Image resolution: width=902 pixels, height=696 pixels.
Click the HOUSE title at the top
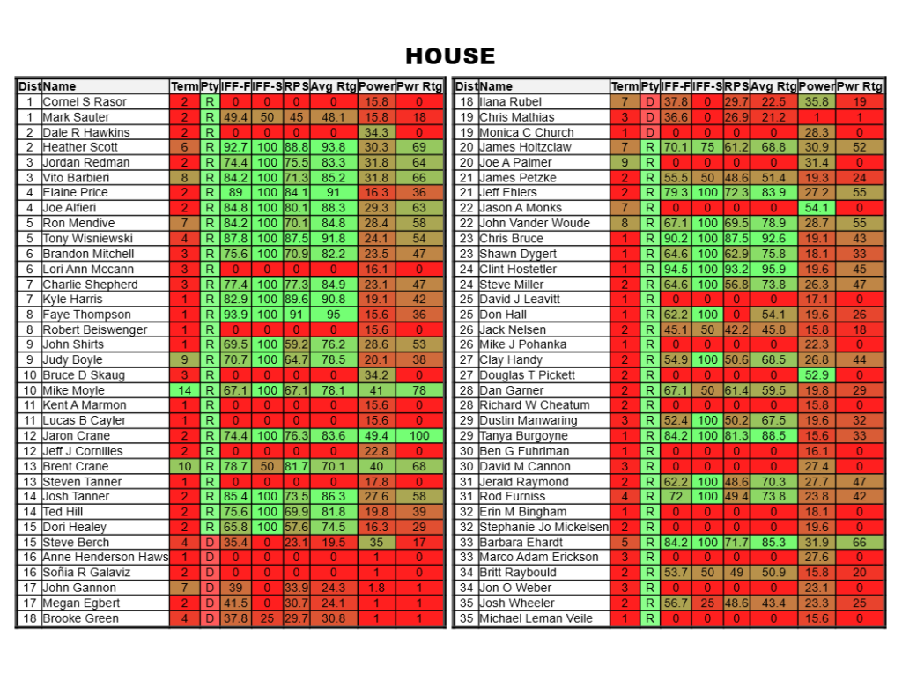(x=450, y=56)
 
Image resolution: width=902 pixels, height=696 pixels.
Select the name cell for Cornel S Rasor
(x=85, y=101)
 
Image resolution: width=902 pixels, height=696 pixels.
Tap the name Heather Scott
(x=80, y=147)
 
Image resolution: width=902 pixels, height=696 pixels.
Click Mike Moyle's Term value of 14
(x=185, y=390)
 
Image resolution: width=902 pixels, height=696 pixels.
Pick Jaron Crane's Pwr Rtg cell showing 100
(x=419, y=436)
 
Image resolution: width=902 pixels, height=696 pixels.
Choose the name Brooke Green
(x=80, y=618)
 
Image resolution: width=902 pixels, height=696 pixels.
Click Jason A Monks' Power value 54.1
(x=817, y=208)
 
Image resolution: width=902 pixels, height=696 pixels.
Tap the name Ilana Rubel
(x=511, y=101)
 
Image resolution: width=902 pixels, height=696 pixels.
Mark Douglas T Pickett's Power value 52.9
(x=817, y=375)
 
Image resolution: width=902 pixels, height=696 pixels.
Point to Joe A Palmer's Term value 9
(x=625, y=162)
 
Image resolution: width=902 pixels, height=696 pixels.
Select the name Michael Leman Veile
(x=536, y=618)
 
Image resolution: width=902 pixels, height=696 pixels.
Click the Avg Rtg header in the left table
(x=333, y=86)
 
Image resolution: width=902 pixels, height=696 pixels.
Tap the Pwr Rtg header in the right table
(x=859, y=86)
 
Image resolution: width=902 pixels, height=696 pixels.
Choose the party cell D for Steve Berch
(x=210, y=543)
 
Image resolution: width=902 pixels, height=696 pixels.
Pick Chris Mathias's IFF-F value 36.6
(x=676, y=117)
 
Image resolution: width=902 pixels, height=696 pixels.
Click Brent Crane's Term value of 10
(x=185, y=466)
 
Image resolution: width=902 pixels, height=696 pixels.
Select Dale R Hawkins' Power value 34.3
(x=376, y=132)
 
